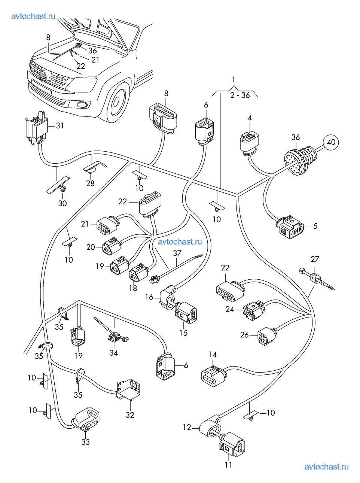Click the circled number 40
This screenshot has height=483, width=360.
[331, 142]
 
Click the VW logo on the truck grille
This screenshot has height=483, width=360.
[43, 78]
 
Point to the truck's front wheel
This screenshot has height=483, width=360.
[117, 99]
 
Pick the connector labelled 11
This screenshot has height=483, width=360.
[232, 445]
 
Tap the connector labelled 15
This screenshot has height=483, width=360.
[185, 312]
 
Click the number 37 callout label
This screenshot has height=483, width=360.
[177, 253]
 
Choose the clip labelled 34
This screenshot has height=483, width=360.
[116, 337]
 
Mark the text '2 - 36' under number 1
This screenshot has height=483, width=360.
[240, 95]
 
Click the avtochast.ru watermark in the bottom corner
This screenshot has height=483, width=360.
[326, 467]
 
